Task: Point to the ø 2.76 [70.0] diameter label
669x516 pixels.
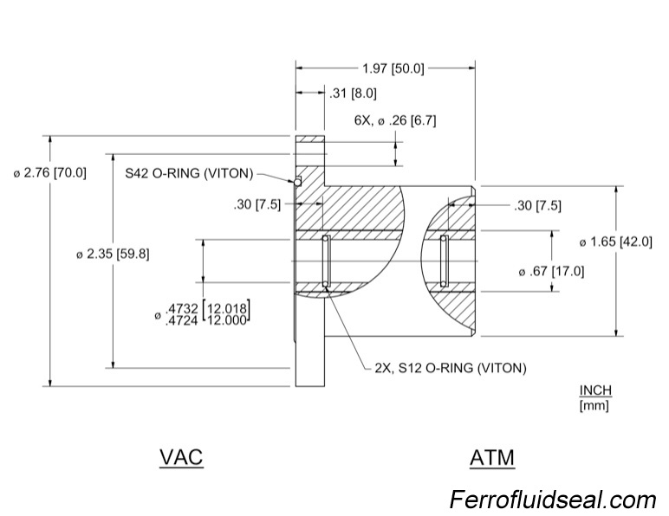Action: click(x=50, y=172)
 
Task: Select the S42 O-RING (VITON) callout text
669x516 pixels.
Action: click(x=189, y=173)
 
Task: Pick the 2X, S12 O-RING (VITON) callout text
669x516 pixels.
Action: click(x=450, y=368)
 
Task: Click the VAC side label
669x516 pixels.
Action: click(x=181, y=456)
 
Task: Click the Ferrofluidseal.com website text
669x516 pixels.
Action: click(x=553, y=500)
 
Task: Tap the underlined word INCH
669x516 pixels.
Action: click(x=595, y=390)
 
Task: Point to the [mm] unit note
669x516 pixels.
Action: click(x=594, y=404)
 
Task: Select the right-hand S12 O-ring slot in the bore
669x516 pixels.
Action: click(x=444, y=261)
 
